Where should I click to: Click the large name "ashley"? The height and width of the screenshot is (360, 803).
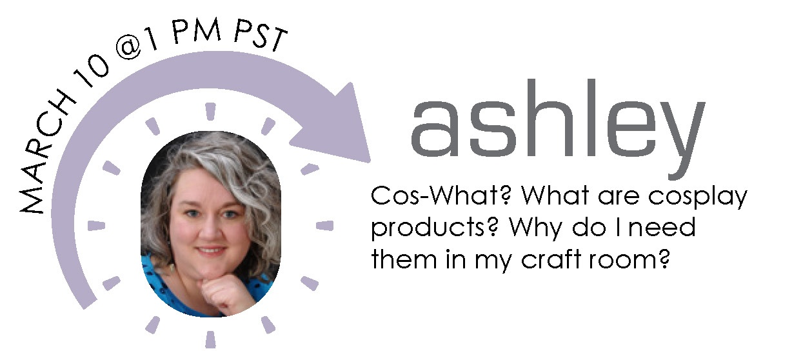click(558, 129)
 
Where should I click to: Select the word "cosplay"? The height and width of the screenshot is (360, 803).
click(698, 198)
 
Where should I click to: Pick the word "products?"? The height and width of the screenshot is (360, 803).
click(435, 229)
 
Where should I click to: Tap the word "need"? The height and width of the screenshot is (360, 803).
click(662, 227)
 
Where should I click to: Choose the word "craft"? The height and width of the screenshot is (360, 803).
click(551, 258)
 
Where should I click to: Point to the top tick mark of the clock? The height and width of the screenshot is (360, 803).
click(210, 112)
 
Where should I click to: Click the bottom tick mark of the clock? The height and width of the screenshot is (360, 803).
click(210, 339)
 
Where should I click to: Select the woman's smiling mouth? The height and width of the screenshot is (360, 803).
click(210, 250)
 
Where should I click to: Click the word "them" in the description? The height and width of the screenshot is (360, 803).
click(404, 258)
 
